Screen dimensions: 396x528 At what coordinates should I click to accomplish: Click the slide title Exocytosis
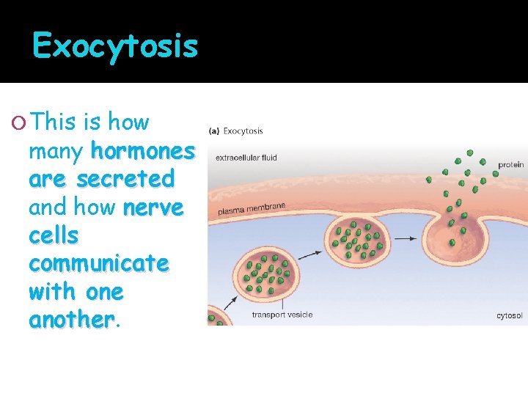(x=115, y=46)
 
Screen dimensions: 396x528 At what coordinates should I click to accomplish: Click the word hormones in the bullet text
(x=142, y=151)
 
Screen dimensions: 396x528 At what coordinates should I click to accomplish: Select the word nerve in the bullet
(x=153, y=208)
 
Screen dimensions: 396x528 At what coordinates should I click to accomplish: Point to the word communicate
(x=98, y=263)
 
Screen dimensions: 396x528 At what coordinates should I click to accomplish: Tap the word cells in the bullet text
(x=54, y=235)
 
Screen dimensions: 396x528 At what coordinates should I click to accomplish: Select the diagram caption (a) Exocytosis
(x=236, y=131)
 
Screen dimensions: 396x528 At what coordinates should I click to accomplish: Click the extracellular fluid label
(x=246, y=158)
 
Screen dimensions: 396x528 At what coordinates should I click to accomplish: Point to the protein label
(x=511, y=165)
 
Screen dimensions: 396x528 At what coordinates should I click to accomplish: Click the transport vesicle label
(x=282, y=315)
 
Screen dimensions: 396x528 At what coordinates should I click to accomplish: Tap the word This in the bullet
(x=54, y=122)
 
